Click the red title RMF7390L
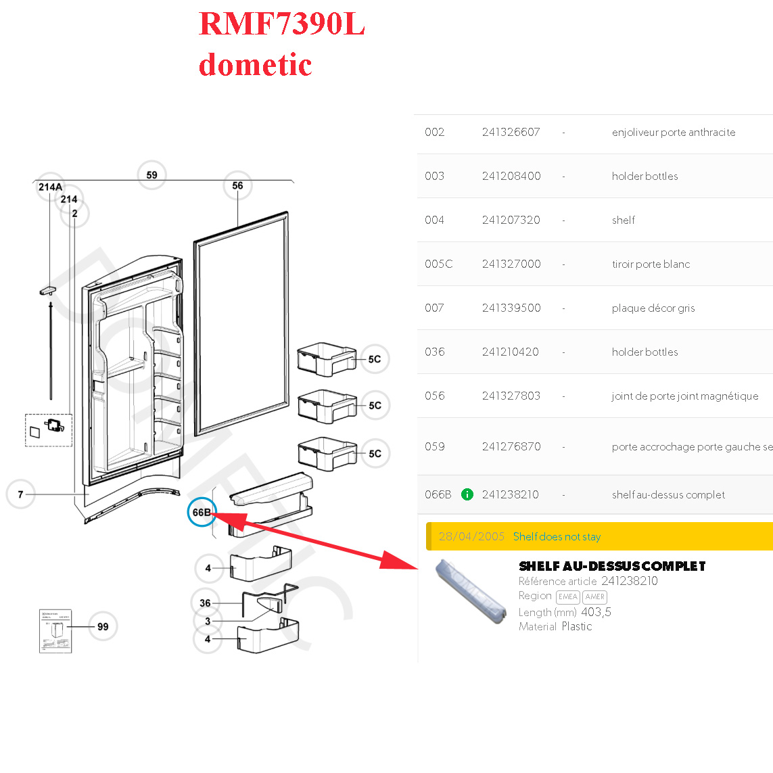pyautogui.click(x=281, y=24)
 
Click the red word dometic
pyautogui.click(x=255, y=65)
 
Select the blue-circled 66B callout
pyautogui.click(x=202, y=513)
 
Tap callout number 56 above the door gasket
pyautogui.click(x=237, y=185)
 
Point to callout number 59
pyautogui.click(x=151, y=175)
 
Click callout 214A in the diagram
pyautogui.click(x=50, y=187)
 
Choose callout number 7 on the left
pyautogui.click(x=20, y=494)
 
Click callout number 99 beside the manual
pyautogui.click(x=103, y=626)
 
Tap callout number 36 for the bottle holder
pyautogui.click(x=205, y=603)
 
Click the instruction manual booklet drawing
pyautogui.click(x=55, y=631)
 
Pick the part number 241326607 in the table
pyautogui.click(x=511, y=133)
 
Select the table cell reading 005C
pyautogui.click(x=438, y=264)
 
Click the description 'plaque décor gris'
pyautogui.click(x=653, y=308)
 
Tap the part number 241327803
pyautogui.click(x=511, y=396)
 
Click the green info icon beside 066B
pyautogui.click(x=467, y=494)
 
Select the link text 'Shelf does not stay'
pyautogui.click(x=557, y=537)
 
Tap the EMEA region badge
pyautogui.click(x=567, y=596)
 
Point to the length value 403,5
pyautogui.click(x=596, y=612)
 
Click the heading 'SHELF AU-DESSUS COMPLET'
pyautogui.click(x=612, y=566)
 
